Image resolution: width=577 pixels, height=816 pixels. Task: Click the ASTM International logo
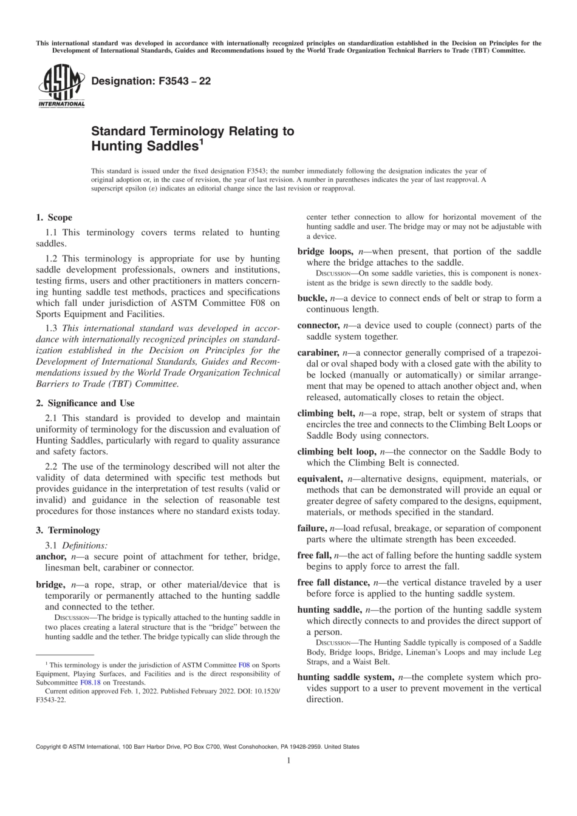tap(61, 87)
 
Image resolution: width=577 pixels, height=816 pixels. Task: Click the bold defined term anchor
tap(50, 556)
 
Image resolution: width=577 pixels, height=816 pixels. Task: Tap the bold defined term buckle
tap(312, 298)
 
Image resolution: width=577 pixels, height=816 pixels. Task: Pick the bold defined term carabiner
tap(317, 352)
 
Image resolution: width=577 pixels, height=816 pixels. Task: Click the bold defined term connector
tap(318, 325)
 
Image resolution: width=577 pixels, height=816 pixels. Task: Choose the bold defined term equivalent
tap(319, 479)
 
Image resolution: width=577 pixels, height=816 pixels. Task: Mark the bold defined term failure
tap(311, 528)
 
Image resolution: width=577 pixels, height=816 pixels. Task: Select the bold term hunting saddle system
tap(345, 677)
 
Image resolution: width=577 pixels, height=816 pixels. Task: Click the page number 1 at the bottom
tap(288, 760)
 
